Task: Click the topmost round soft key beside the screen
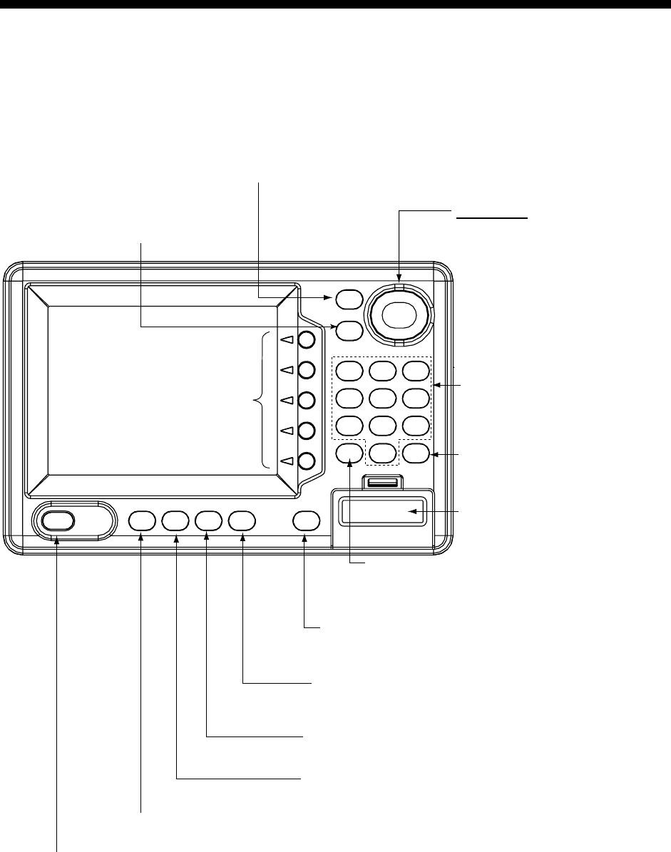tap(307, 339)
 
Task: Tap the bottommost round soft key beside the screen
tap(307, 461)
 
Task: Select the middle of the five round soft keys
tap(307, 400)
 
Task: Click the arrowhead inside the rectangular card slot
tap(411, 511)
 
